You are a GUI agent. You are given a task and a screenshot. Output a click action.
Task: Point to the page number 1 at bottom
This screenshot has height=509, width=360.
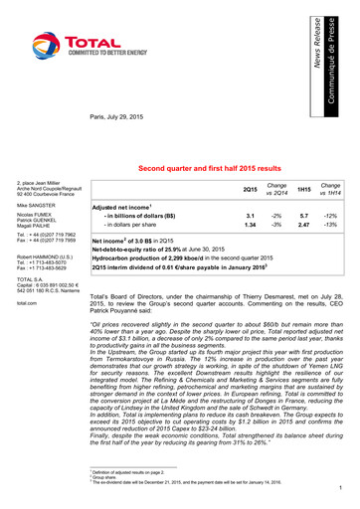click(339, 487)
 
